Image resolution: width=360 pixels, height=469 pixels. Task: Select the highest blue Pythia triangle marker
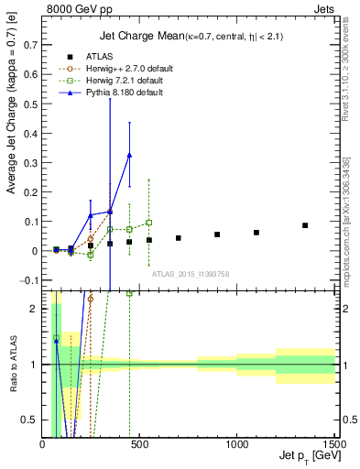click(129, 155)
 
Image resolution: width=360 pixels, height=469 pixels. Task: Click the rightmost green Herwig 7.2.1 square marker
click(148, 223)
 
